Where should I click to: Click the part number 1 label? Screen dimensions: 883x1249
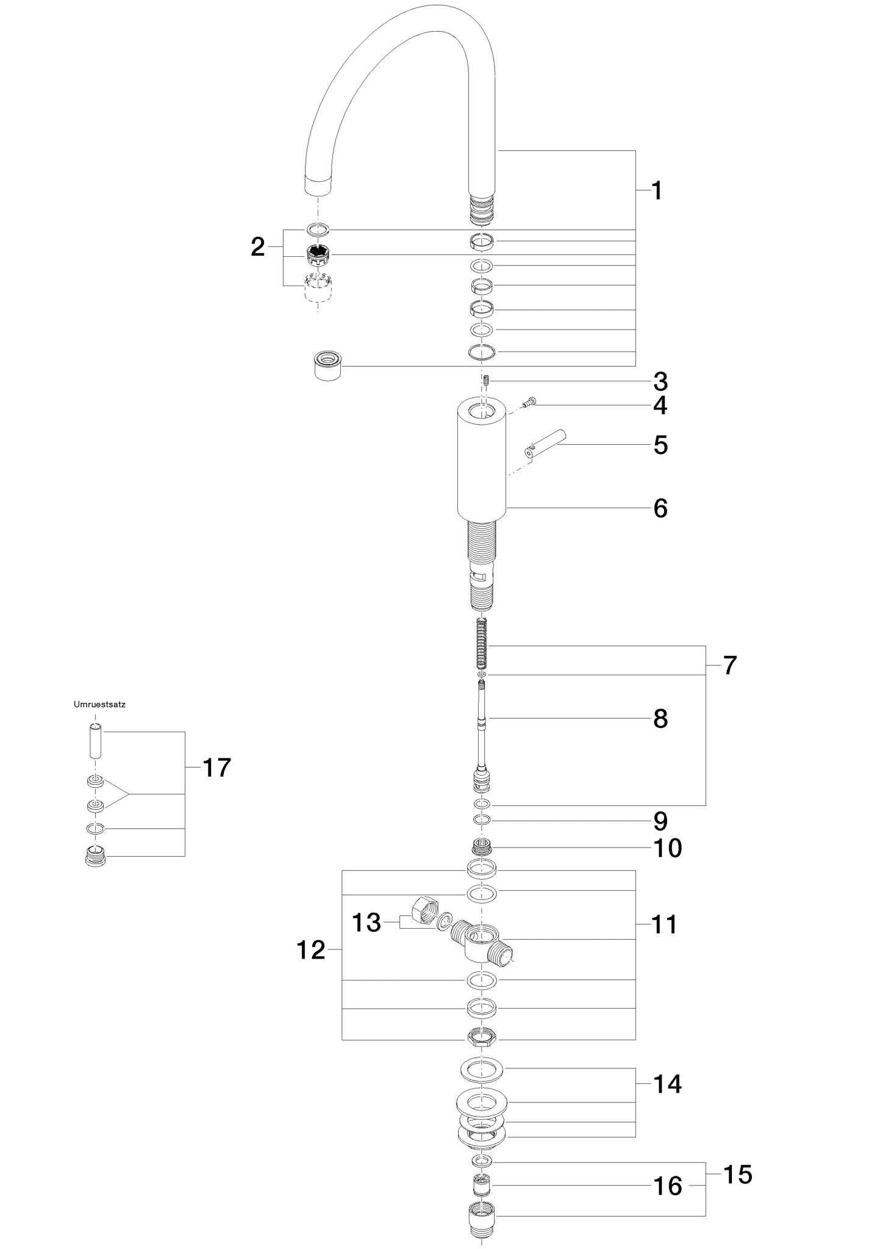coord(657,191)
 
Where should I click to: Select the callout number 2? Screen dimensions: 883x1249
coord(258,247)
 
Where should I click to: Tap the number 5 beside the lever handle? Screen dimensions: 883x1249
coord(660,445)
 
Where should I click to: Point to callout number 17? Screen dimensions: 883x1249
coord(216,768)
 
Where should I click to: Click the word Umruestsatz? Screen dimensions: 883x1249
coord(99,704)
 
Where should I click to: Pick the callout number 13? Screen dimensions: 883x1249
coord(366,923)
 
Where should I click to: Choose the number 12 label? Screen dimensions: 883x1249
coord(311,950)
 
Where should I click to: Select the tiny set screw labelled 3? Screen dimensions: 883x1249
coord(487,383)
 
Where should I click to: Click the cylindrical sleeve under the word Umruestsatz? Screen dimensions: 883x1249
coord(95,741)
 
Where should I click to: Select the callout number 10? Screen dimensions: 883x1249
coord(668,848)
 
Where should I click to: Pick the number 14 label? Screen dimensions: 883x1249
coord(668,1084)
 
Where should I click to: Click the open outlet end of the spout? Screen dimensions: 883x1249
coord(318,185)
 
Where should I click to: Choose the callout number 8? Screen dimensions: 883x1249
coord(660,719)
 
